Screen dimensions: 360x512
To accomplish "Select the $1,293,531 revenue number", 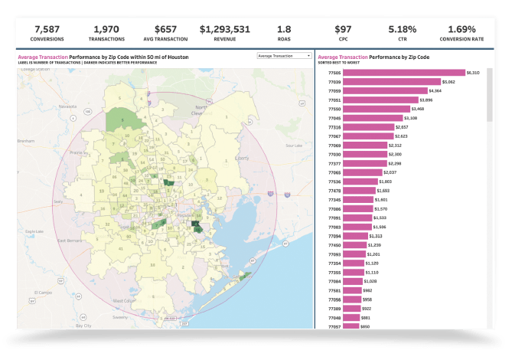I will tap(224, 28).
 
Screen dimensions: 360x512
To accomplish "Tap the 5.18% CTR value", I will tap(402, 28).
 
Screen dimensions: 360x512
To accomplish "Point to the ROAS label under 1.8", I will tap(284, 38).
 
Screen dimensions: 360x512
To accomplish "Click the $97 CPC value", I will tap(343, 28).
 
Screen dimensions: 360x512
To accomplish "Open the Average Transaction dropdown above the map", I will tap(284, 56).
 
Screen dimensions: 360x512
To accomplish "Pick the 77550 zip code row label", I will tap(334, 109).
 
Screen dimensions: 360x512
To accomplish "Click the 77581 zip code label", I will tap(334, 290).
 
